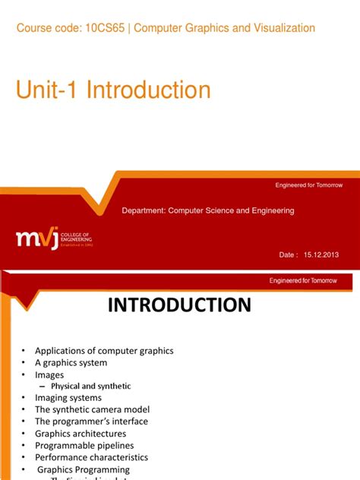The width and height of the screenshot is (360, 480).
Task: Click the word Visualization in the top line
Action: [279, 28]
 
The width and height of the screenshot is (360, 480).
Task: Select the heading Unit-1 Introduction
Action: [113, 90]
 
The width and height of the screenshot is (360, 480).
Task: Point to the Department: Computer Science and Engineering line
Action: [207, 210]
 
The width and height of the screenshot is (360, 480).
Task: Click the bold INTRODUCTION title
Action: [179, 305]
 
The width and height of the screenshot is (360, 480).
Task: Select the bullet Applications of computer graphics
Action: [104, 350]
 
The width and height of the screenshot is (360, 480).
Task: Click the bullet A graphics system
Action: [71, 362]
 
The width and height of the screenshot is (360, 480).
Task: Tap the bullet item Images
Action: [49, 374]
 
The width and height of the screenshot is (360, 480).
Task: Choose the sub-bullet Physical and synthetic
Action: [90, 386]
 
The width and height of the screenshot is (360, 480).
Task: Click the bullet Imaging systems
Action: [68, 398]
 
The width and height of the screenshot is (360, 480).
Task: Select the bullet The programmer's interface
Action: [91, 422]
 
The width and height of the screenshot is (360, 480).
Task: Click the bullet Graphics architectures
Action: [81, 434]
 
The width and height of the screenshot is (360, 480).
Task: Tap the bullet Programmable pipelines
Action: [84, 445]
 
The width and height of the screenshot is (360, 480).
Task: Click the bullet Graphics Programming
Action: [84, 469]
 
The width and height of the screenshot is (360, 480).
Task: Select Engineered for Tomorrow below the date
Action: [308, 280]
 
